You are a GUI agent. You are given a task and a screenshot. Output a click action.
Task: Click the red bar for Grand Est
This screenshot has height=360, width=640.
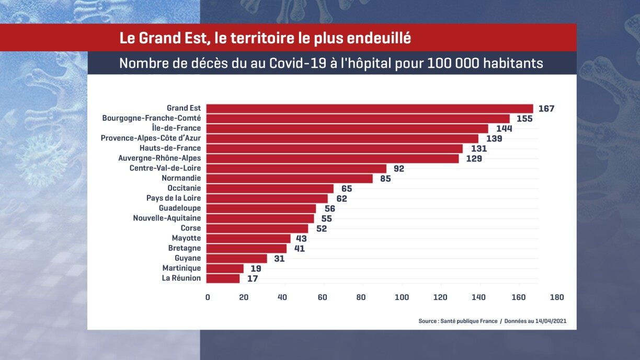click(369, 109)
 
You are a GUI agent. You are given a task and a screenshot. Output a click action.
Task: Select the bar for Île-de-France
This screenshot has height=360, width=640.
click(347, 129)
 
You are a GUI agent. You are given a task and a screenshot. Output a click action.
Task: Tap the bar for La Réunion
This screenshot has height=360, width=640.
click(223, 278)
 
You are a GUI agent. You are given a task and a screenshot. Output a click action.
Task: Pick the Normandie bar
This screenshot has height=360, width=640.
click(290, 179)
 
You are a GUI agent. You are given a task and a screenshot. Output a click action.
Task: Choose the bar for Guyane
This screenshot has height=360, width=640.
click(236, 259)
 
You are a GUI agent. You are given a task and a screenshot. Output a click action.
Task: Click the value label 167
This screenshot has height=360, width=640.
click(546, 109)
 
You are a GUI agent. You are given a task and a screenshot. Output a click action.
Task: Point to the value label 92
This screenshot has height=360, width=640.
click(399, 169)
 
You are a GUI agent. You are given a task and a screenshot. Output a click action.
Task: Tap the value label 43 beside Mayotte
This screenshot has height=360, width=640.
click(302, 239)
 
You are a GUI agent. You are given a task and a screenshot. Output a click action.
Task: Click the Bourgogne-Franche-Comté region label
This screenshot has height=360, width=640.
click(152, 119)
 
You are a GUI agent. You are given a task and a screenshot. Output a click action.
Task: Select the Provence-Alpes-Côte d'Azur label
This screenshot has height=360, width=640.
click(151, 138)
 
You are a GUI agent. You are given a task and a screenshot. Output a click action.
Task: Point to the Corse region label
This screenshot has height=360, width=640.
click(190, 228)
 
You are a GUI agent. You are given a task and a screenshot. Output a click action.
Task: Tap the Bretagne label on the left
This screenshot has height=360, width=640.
click(184, 248)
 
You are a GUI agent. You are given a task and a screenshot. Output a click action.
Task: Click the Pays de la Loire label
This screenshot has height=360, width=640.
click(174, 199)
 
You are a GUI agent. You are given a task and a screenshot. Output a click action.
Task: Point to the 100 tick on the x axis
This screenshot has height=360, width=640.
click(402, 298)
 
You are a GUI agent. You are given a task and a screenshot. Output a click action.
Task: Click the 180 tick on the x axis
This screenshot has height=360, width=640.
click(557, 298)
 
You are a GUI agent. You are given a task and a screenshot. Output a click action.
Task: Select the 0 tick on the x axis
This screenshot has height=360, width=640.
click(208, 298)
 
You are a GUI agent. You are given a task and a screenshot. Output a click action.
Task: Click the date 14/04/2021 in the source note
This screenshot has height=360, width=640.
click(551, 321)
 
